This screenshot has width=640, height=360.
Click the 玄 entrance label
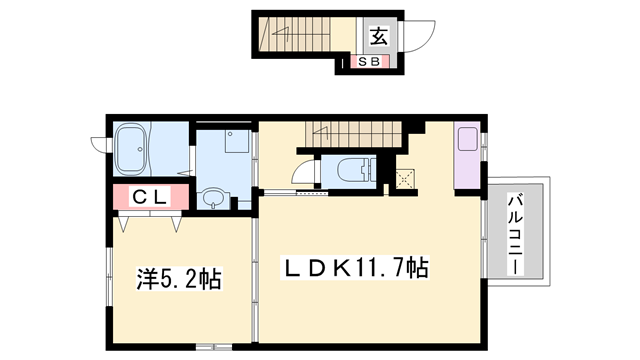click(x=380, y=37)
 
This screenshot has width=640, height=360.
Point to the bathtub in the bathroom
click(x=133, y=150)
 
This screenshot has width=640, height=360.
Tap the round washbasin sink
click(x=213, y=199)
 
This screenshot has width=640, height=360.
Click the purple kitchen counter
click(x=466, y=155)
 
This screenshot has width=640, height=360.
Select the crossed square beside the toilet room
click(x=405, y=180)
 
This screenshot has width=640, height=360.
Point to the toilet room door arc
click(x=304, y=176)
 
